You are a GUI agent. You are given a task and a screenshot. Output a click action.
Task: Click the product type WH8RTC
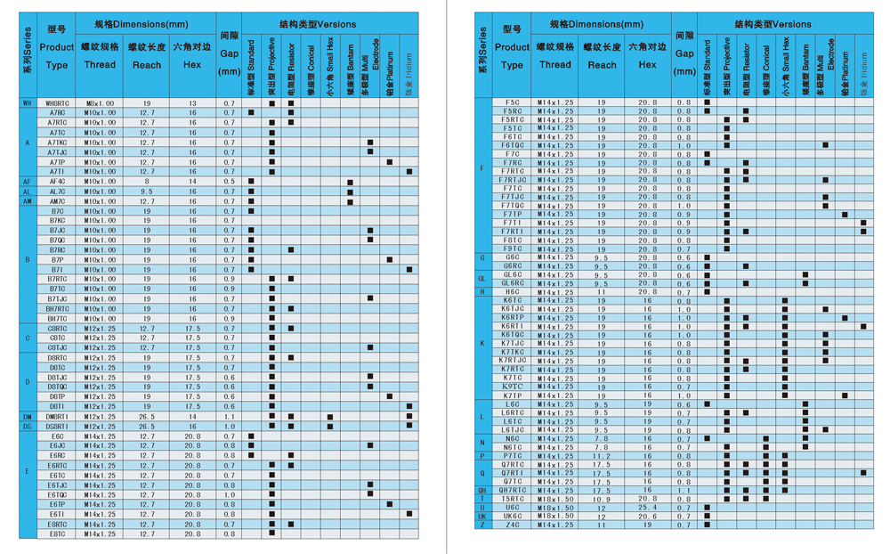click(57, 103)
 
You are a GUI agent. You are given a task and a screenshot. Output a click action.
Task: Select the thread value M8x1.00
click(100, 103)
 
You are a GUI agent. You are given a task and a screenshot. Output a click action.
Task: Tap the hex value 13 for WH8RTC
click(192, 103)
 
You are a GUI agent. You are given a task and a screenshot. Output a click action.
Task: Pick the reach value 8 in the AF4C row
click(147, 182)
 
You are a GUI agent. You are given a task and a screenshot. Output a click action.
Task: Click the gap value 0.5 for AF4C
click(230, 182)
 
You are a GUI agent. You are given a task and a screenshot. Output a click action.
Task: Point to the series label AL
click(28, 191)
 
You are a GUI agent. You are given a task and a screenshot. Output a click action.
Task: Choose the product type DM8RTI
click(57, 416)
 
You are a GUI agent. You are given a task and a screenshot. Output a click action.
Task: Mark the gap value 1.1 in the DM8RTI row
click(230, 416)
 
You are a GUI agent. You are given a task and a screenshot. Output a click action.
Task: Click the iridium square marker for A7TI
click(409, 172)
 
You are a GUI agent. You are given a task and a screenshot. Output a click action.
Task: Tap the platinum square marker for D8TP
click(390, 396)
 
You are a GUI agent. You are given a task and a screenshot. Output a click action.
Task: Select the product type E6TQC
click(57, 494)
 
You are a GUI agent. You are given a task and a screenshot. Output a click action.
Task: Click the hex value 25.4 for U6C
click(647, 508)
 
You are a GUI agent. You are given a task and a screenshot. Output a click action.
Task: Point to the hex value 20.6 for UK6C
click(647, 517)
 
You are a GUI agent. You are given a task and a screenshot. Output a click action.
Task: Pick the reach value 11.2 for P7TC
click(602, 456)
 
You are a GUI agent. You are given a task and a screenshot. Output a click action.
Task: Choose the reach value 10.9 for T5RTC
click(602, 499)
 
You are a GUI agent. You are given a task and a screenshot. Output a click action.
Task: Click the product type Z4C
click(513, 525)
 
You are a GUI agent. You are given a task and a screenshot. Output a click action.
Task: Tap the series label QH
click(482, 491)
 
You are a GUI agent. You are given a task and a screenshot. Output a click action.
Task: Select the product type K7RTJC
click(513, 361)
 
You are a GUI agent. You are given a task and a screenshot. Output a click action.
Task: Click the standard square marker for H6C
click(708, 292)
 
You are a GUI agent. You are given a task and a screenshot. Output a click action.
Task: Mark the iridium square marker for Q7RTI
click(863, 473)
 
